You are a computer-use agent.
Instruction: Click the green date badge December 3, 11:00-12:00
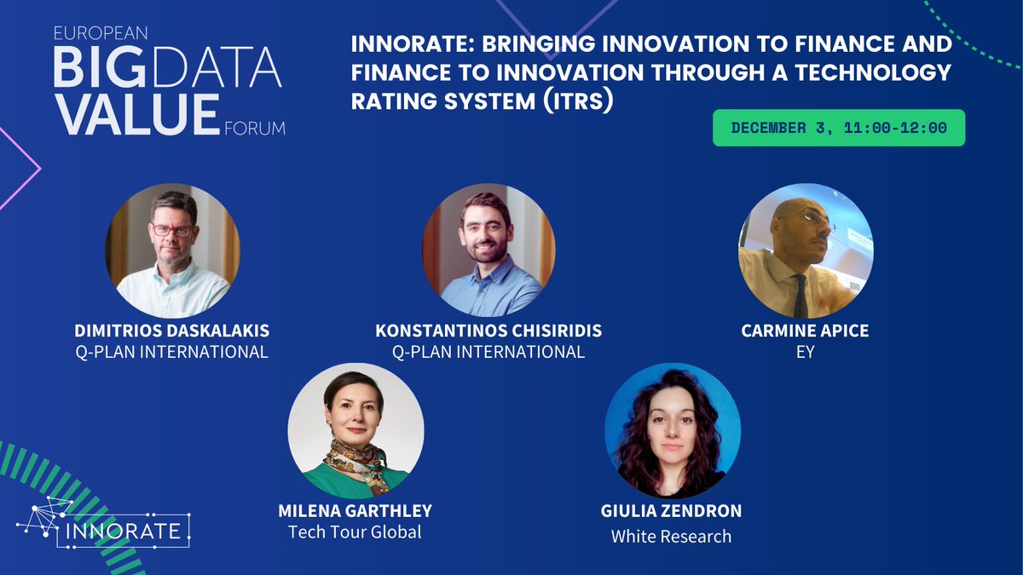(839, 128)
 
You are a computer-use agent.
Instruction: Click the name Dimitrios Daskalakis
(172, 331)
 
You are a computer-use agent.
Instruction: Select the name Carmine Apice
(805, 331)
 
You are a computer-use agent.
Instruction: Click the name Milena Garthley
(355, 511)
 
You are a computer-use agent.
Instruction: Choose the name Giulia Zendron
(672, 512)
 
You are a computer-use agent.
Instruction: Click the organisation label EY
(805, 352)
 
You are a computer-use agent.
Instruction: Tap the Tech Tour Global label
(355, 532)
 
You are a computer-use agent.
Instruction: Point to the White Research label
(672, 536)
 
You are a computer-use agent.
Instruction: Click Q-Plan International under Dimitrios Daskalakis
(172, 351)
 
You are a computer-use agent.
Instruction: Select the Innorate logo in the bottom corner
(102, 522)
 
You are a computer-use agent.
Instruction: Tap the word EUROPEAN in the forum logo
(101, 34)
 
